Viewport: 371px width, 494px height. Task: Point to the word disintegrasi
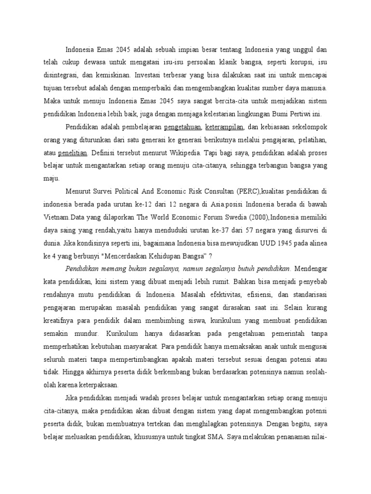[61, 75]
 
